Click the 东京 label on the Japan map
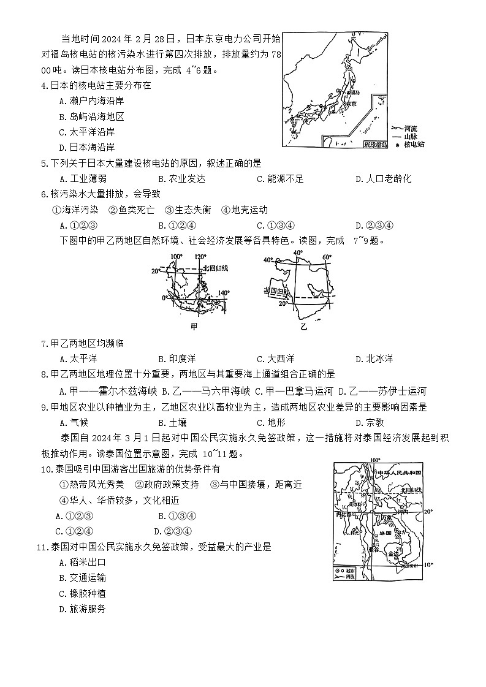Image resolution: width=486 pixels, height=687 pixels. point(351,104)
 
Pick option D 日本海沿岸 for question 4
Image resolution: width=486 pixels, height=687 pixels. point(86,147)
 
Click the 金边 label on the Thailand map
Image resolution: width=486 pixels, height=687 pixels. point(392,553)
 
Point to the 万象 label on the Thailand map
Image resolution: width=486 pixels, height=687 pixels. point(386,518)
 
